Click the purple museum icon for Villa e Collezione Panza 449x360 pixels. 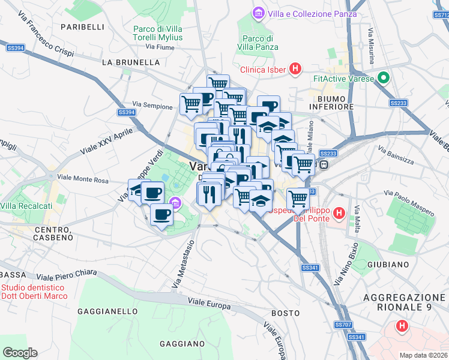pos(259,13)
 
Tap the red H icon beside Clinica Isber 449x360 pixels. pos(295,70)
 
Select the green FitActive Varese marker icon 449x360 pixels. pos(383,79)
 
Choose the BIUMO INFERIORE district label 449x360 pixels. pos(331,102)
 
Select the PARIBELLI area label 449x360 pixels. pos(82,27)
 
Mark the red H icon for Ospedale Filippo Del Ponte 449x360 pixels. pos(339,212)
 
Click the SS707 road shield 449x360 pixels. pos(343,325)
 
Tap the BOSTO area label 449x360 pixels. pos(285,313)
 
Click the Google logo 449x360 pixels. pos(20,353)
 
